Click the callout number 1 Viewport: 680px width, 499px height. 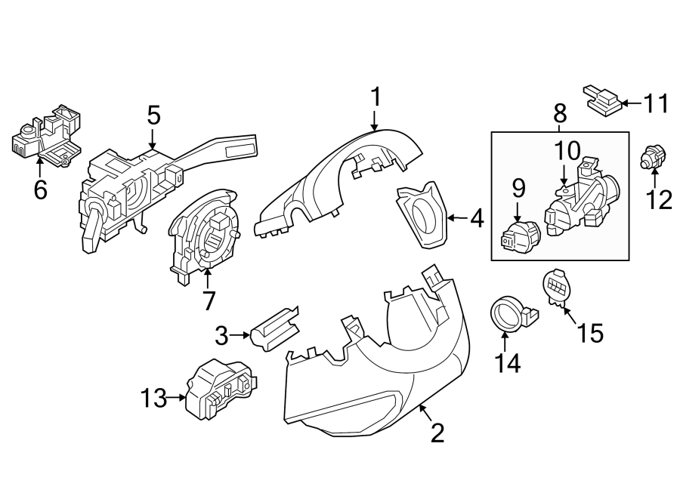376,97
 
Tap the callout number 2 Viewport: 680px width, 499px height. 437,433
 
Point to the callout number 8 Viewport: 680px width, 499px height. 560,113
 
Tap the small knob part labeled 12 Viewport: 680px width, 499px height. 651,157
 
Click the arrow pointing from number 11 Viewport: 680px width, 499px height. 632,102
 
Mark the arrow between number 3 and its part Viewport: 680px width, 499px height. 242,334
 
